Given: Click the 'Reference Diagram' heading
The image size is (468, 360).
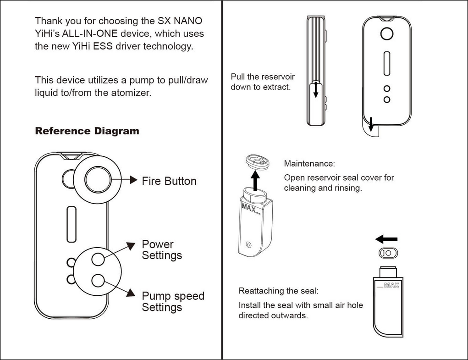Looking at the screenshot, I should point(87,131).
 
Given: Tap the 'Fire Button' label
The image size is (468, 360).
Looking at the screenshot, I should point(169,181).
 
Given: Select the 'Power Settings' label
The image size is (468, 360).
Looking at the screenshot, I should point(162,250).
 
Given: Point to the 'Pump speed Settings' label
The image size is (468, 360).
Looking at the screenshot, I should point(173,302).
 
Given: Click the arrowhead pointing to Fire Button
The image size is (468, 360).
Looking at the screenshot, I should point(133,180).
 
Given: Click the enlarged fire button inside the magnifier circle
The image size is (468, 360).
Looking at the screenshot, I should point(97,179).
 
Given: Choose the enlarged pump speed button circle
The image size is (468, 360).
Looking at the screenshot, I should point(98,280).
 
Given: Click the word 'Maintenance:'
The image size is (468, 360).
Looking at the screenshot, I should point(309,164).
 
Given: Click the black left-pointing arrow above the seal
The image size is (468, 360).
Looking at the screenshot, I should point(386,239).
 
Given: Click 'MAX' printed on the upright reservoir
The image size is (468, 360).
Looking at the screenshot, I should point(391,285).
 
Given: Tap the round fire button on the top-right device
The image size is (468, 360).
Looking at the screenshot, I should point(387,34).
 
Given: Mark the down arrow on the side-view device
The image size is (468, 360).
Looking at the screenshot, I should point(315,90).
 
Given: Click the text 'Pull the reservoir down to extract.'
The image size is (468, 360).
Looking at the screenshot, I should point(263,82).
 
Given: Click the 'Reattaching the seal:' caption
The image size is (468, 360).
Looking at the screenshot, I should point(278,291).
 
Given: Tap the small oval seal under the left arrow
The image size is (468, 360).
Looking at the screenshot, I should point(388,253).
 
